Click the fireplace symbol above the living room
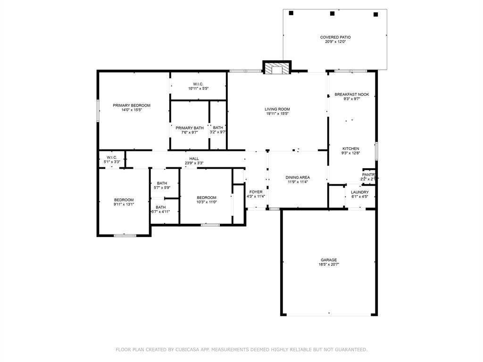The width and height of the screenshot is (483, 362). (x=276, y=69)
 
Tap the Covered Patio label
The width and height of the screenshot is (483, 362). (x=335, y=37)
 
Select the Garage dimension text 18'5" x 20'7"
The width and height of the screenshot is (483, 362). (x=329, y=265)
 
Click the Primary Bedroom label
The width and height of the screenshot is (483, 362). (x=131, y=105)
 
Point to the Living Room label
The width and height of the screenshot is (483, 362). (x=277, y=109)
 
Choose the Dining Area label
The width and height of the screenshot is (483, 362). (x=298, y=177)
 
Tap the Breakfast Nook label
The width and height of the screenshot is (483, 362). (x=352, y=94)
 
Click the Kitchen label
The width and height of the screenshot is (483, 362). (x=350, y=148)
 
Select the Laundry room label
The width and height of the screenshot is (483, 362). (x=360, y=192)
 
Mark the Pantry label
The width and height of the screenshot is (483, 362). (x=368, y=174)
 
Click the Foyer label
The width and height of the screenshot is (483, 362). (x=256, y=192)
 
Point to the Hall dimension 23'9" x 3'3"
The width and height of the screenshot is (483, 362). (x=194, y=164)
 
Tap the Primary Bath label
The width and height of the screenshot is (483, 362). (x=190, y=128)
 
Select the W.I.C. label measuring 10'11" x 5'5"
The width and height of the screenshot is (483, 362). (x=198, y=84)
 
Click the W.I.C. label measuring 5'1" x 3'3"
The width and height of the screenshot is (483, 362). (x=112, y=157)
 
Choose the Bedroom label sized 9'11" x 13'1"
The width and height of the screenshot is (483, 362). (x=124, y=199)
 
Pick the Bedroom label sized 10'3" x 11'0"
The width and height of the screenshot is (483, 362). (x=207, y=197)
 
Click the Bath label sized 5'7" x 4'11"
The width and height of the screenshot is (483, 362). (x=161, y=207)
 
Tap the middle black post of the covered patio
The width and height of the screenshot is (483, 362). (x=333, y=14)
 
